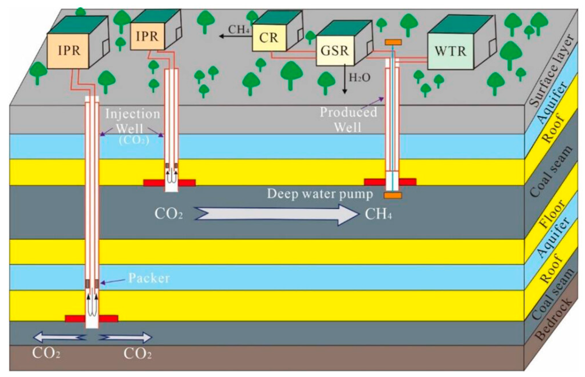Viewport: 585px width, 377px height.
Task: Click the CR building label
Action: pyautogui.click(x=269, y=38)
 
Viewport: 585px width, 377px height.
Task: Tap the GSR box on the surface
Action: pyautogui.click(x=335, y=51)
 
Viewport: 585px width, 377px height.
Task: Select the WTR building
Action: pyautogui.click(x=450, y=51)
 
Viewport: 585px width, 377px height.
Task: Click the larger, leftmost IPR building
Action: pyautogui.click(x=69, y=51)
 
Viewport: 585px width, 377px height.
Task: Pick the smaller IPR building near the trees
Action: pyautogui.click(x=147, y=36)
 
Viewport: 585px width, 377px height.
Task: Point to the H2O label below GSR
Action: pyautogui.click(x=360, y=77)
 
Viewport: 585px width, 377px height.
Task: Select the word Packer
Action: pyautogui.click(x=149, y=278)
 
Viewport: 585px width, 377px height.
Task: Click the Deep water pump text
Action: pyautogui.click(x=320, y=194)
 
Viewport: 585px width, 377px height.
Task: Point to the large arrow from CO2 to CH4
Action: pyautogui.click(x=276, y=215)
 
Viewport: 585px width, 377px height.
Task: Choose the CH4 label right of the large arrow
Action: pyautogui.click(x=378, y=214)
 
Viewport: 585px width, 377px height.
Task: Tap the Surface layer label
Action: pyautogui.click(x=552, y=72)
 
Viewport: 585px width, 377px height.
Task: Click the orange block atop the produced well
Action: pyautogui.click(x=393, y=42)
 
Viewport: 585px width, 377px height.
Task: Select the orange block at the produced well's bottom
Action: pyautogui.click(x=393, y=195)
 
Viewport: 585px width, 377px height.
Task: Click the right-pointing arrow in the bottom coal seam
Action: pyautogui.click(x=125, y=338)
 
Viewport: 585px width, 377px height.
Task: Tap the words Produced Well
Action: pyautogui.click(x=348, y=119)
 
